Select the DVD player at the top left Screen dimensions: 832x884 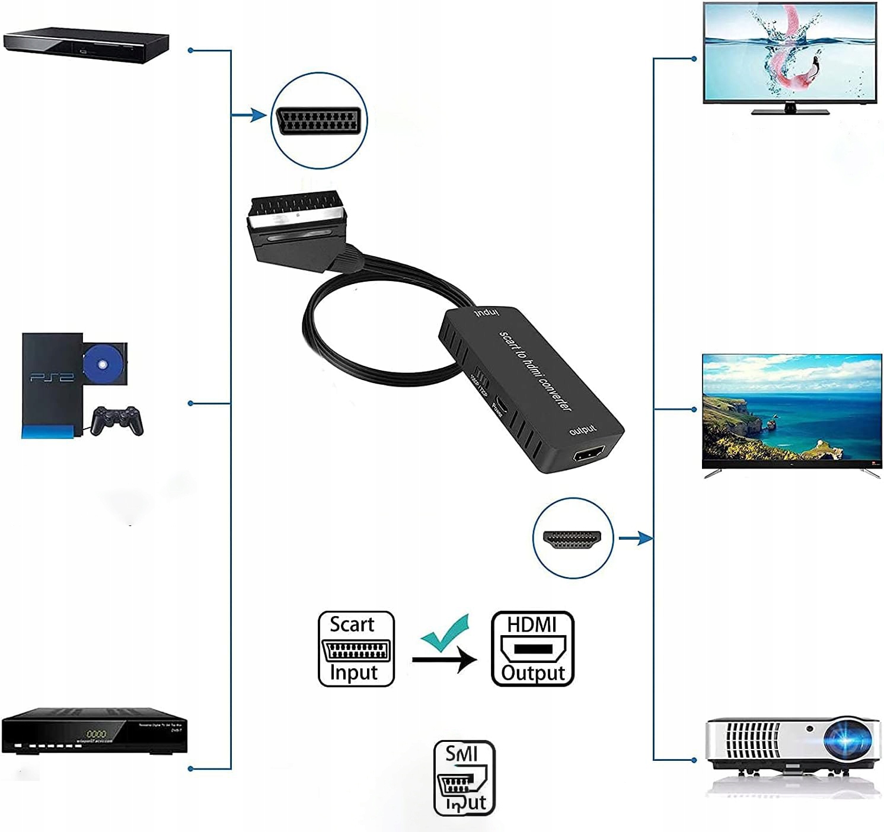click(87, 45)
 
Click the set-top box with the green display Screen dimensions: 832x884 click(95, 731)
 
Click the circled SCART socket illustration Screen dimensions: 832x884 click(319, 121)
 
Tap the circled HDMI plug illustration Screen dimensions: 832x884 click(572, 538)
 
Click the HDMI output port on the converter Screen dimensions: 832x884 click(588, 456)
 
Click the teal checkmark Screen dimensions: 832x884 click(446, 633)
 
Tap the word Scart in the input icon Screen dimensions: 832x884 click(352, 624)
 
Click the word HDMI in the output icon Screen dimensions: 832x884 click(532, 624)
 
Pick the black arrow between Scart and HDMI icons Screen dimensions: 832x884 click(444, 659)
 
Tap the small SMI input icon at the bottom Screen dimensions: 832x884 click(464, 777)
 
